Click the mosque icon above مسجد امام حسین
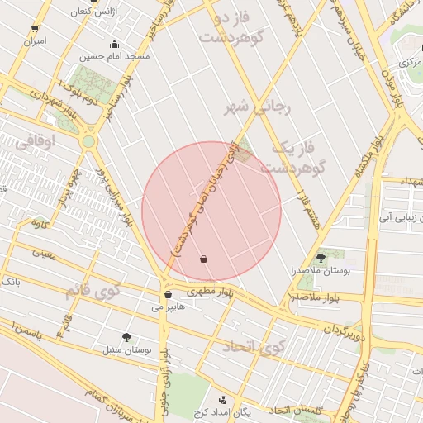[114, 45]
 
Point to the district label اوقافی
[58, 141]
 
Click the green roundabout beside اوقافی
[88, 142]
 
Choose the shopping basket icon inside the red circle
[204, 259]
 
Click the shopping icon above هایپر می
[168, 294]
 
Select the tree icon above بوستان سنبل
[126, 337]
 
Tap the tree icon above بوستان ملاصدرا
[321, 258]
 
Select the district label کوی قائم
[92, 291]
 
